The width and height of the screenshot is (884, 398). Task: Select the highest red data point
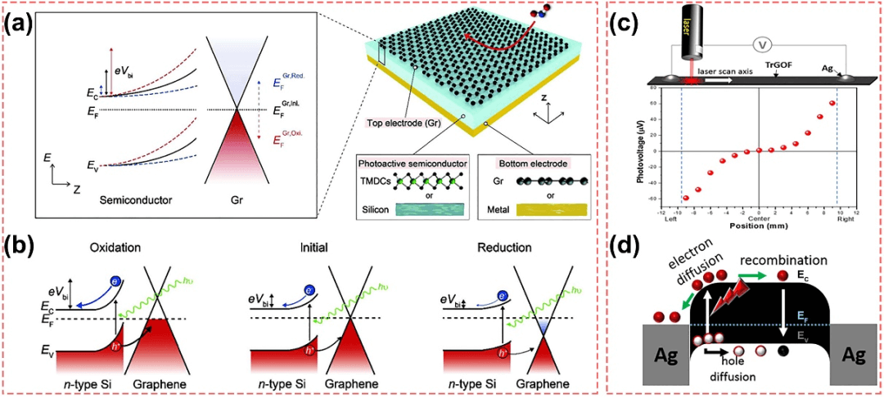click(x=832, y=104)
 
